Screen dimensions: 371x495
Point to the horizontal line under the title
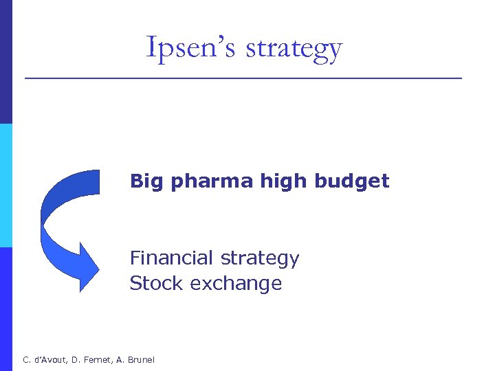(x=243, y=78)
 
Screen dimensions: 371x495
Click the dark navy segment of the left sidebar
(x=5, y=62)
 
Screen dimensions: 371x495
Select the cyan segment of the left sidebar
(x=5, y=185)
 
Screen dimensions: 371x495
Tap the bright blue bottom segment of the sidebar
(x=5, y=309)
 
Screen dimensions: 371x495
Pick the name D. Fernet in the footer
(x=93, y=359)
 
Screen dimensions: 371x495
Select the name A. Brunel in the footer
(x=138, y=359)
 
